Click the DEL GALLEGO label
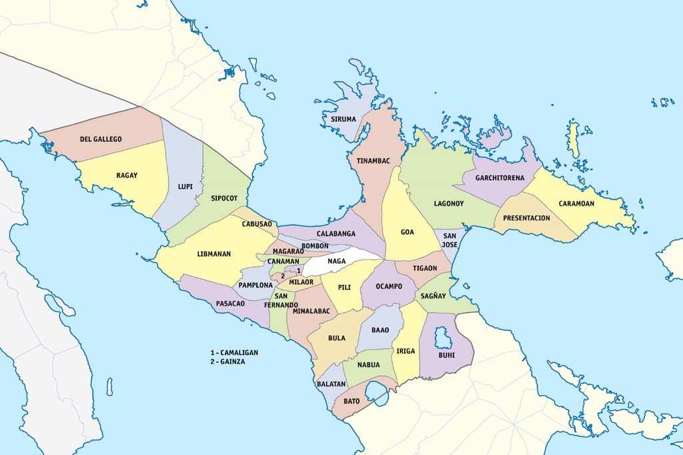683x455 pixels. (x=101, y=139)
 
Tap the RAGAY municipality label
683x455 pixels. (x=127, y=175)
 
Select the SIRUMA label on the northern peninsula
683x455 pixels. (x=344, y=119)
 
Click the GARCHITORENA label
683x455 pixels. (x=500, y=178)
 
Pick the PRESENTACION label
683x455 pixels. (x=526, y=218)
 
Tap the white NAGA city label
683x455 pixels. (x=337, y=261)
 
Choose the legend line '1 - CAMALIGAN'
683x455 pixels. (x=233, y=352)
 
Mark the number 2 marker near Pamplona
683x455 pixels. (x=283, y=276)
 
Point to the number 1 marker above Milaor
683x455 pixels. (x=298, y=270)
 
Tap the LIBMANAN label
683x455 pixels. (x=215, y=254)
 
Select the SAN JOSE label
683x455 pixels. (x=450, y=240)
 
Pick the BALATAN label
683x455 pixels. (x=331, y=384)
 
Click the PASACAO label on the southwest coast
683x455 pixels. (x=230, y=304)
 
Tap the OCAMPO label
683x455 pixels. (x=389, y=286)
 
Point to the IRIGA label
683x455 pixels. (x=406, y=351)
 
